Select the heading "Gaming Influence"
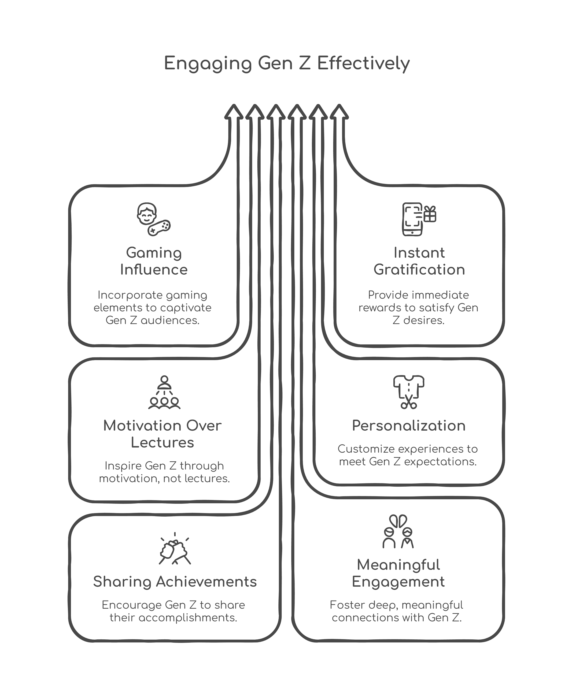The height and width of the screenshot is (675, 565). coord(154,261)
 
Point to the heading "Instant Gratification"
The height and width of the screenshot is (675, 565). coord(419,261)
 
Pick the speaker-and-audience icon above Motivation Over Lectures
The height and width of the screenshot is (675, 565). coord(164,392)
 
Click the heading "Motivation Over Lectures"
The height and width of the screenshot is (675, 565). coord(162,434)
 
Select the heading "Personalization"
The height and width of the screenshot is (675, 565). coord(409,425)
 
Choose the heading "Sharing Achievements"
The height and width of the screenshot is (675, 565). coord(175,582)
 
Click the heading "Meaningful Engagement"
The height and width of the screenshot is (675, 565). coord(398,573)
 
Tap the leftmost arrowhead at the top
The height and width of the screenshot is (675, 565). coord(234,112)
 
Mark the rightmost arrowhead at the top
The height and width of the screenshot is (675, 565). coord(339,112)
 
